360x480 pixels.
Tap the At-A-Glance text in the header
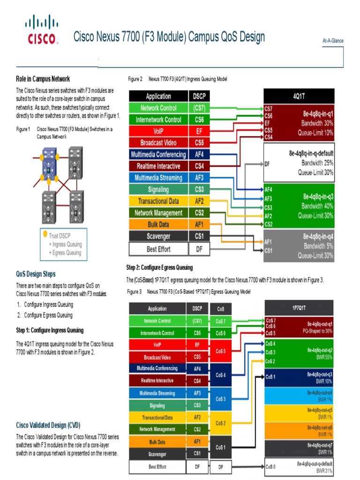point(333,41)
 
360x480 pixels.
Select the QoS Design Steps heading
point(36,274)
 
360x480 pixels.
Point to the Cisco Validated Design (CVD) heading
point(48,425)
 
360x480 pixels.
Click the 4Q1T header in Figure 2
point(299,96)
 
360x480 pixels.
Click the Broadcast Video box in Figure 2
point(158,142)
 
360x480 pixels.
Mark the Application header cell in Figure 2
point(158,96)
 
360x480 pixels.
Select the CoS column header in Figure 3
point(220,309)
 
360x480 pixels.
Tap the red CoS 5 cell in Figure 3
point(220,351)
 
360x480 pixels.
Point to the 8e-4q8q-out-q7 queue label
point(320,445)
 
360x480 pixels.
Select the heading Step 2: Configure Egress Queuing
point(159,268)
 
